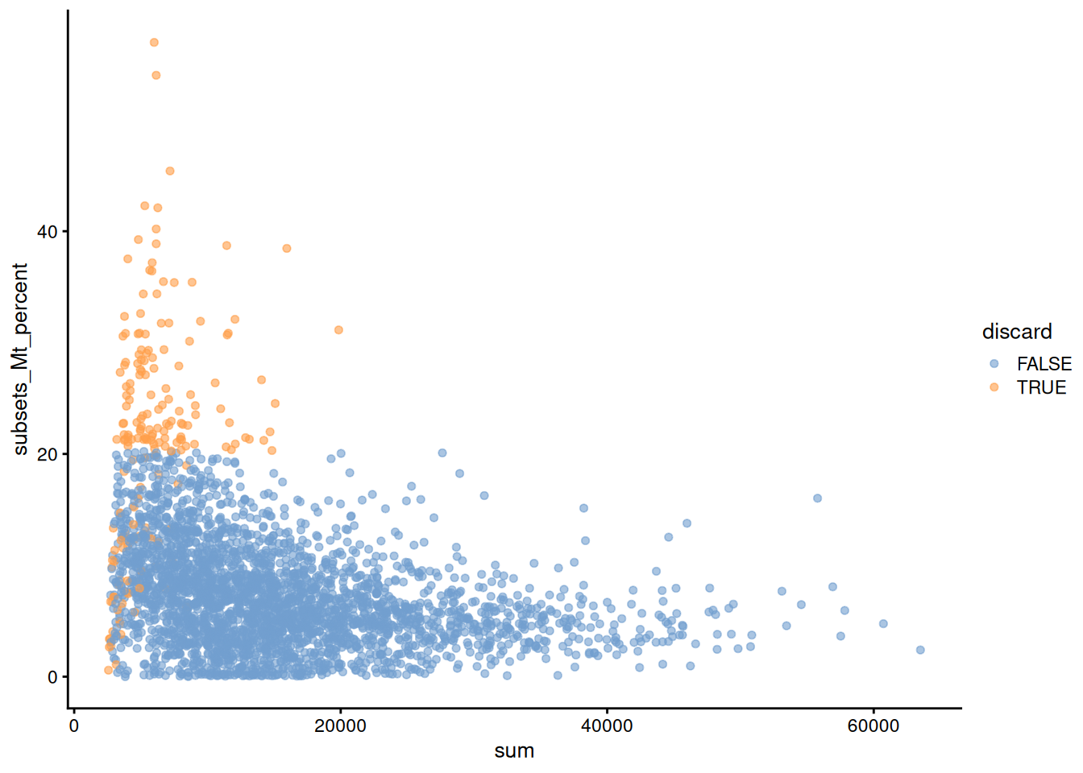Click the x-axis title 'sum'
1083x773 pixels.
pos(514,751)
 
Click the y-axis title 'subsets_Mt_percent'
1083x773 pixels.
pos(20,359)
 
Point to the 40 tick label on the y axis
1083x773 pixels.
pos(48,232)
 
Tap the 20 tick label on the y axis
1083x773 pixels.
pos(48,454)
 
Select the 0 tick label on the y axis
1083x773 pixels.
pos(52,677)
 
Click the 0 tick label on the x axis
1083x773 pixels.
pos(74,726)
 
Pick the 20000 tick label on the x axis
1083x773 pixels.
pos(340,726)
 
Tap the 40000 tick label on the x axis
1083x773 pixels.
pos(607,726)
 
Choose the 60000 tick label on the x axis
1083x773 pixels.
pos(873,726)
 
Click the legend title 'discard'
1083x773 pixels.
pos(1017,332)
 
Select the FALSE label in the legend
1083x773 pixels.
pos(1044,364)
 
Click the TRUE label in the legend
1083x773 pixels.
pos(1041,387)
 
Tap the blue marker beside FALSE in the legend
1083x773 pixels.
pos(994,364)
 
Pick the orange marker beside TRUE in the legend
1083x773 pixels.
pos(994,387)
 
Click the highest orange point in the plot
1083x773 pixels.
pos(154,43)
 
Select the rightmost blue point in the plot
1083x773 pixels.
pos(920,650)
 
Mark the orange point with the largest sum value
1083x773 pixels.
pos(338,330)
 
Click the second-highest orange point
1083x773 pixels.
pos(156,76)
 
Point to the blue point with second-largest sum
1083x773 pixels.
pos(883,624)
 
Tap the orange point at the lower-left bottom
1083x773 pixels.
pos(108,670)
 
